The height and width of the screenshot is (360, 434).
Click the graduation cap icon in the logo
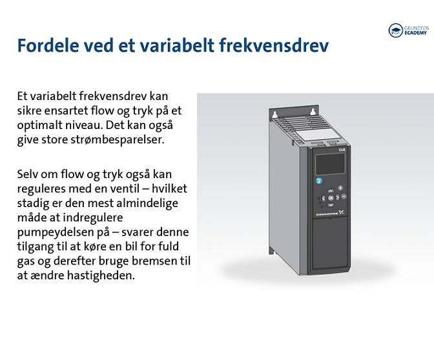395,30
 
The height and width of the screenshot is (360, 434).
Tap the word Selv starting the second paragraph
28,174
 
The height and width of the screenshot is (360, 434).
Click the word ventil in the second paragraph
134,188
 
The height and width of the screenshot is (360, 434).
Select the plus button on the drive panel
340,188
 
